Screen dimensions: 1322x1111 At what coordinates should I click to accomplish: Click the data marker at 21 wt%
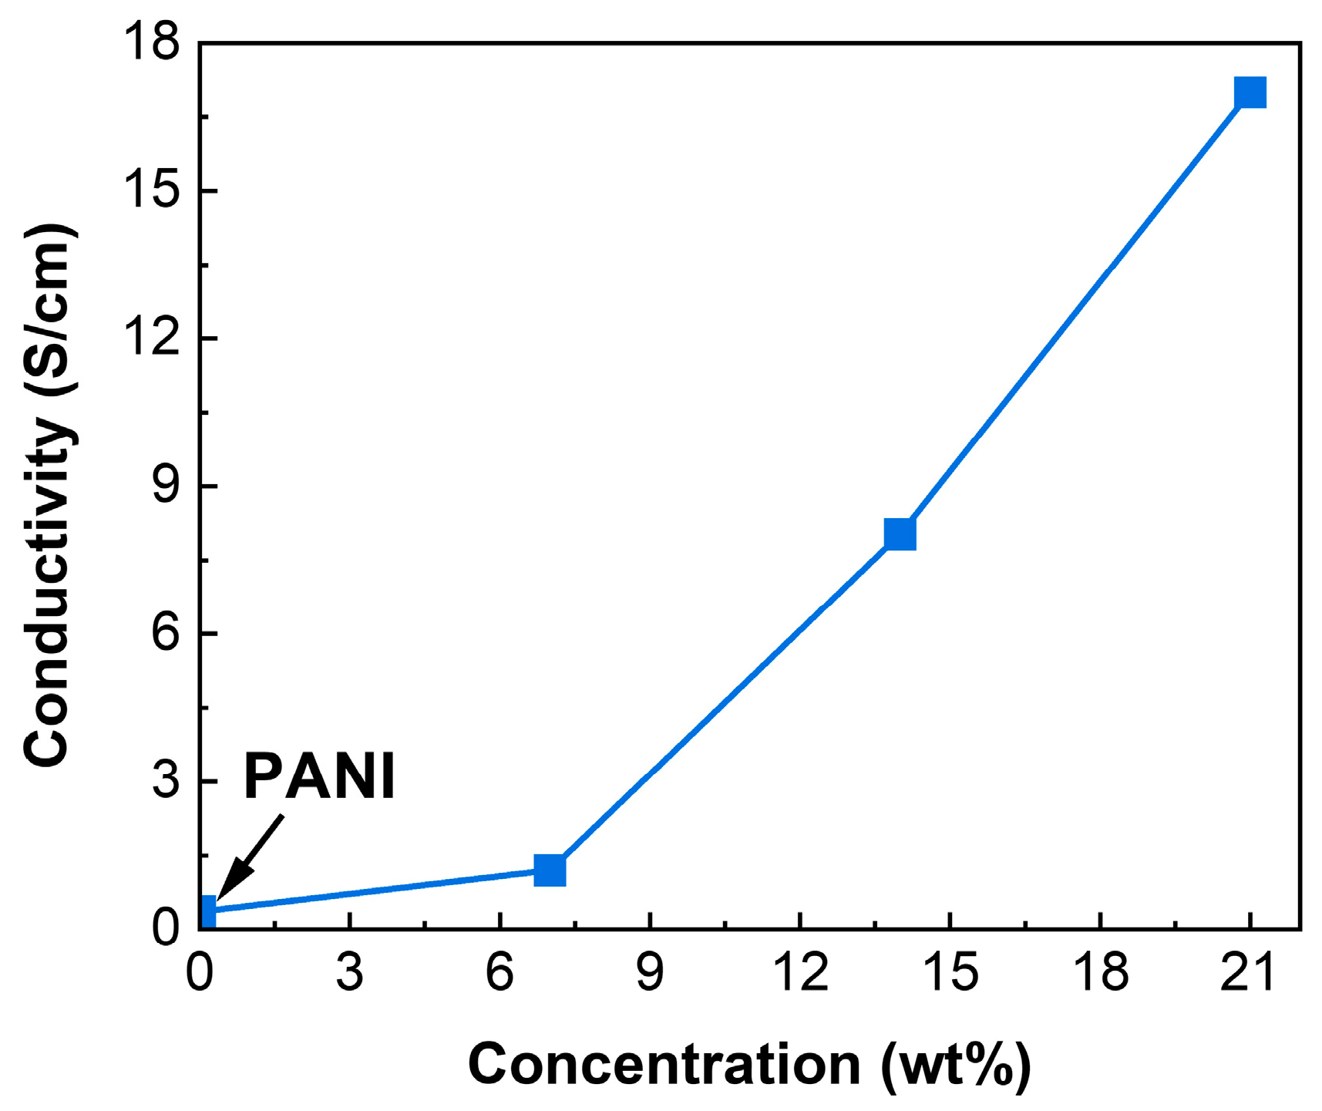[1250, 93]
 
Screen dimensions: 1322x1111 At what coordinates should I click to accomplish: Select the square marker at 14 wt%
[900, 534]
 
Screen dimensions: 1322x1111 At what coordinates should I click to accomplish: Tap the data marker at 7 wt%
[550, 870]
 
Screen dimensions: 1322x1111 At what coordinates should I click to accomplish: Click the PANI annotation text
[319, 776]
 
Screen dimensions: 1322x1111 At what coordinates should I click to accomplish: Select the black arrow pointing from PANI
[251, 857]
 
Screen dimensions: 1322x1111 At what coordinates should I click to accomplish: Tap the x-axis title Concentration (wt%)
[748, 1065]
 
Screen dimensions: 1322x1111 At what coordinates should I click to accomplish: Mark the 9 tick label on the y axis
[165, 486]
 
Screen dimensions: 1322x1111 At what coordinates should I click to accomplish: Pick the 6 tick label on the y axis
[165, 634]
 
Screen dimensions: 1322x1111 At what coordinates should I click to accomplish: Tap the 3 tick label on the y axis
[165, 781]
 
